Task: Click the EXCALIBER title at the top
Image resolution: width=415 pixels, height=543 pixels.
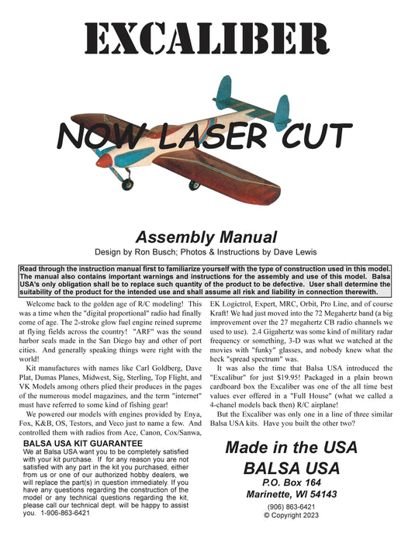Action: [x=207, y=39]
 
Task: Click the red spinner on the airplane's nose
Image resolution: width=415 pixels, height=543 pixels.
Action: [x=111, y=172]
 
